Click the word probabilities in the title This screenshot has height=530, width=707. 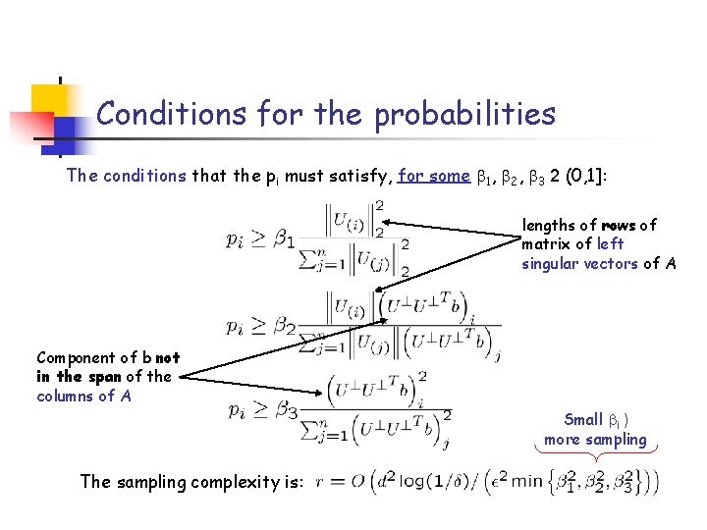[x=463, y=116]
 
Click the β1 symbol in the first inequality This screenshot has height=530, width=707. [x=284, y=239]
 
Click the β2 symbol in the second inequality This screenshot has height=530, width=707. [x=285, y=325]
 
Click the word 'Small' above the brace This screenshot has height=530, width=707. [x=583, y=420]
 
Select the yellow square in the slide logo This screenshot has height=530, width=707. [x=50, y=99]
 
